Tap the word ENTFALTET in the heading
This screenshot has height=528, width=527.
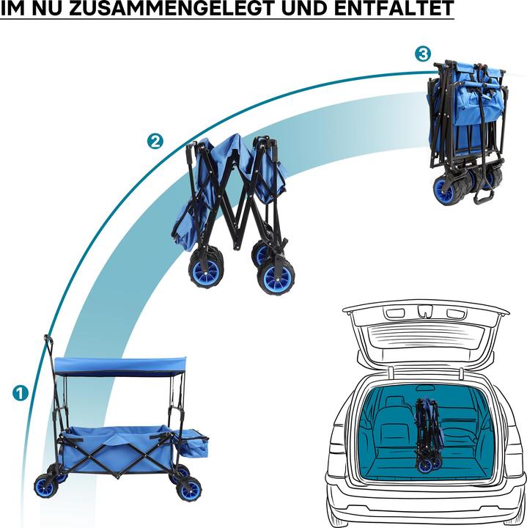[x=394, y=7]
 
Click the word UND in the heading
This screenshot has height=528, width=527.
[x=305, y=7]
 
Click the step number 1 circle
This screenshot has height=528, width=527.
[x=21, y=393]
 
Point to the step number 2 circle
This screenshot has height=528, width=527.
[x=155, y=142]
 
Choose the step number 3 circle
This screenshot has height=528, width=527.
[x=423, y=54]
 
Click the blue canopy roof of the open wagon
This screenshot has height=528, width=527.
[x=120, y=365]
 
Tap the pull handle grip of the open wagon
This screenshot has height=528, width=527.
[x=48, y=343]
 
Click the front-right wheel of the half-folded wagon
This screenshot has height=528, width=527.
[x=276, y=278]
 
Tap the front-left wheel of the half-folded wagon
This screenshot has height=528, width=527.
[x=205, y=269]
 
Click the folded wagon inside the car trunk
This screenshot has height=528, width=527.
[x=428, y=435]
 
